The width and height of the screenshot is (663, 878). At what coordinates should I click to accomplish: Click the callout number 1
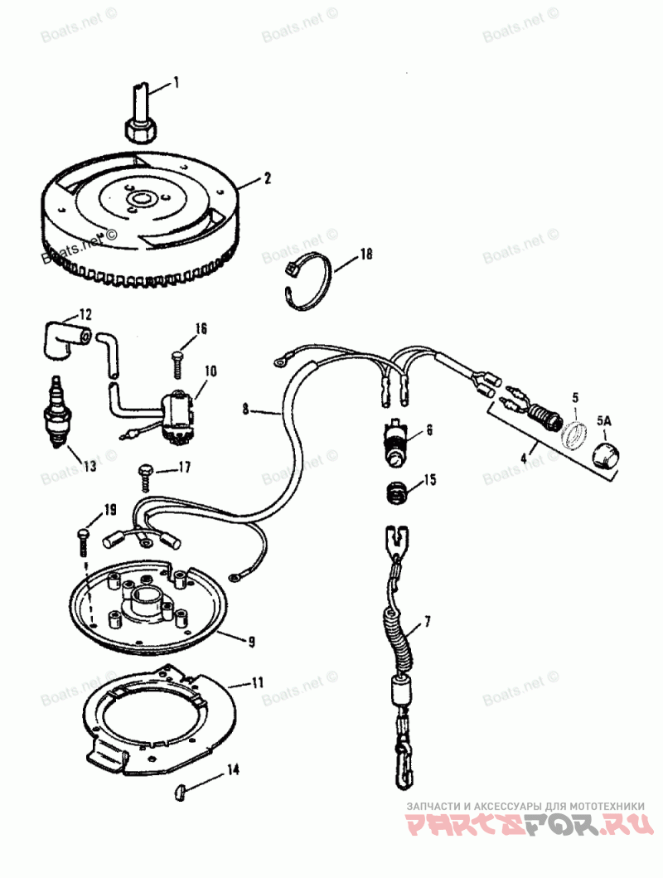click(x=176, y=82)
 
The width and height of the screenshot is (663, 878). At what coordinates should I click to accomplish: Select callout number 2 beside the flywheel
click(x=268, y=177)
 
